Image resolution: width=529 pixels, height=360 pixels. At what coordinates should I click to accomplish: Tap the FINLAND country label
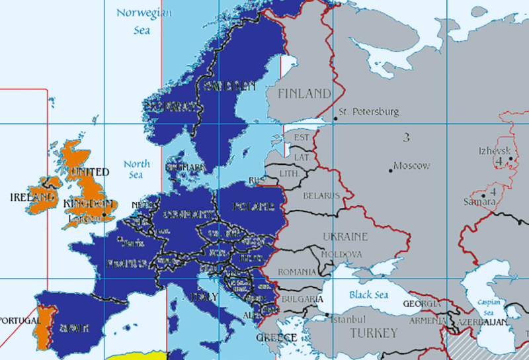[x=304, y=93]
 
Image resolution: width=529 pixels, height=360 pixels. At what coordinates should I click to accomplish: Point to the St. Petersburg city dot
[x=336, y=118]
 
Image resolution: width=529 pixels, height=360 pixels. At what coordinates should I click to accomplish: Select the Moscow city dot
[x=391, y=171]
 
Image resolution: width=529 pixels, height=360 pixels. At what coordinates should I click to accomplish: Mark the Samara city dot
[x=484, y=195]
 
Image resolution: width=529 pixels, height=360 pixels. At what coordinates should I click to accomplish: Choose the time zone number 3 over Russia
[x=406, y=138]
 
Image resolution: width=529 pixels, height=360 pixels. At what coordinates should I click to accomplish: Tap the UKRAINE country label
[x=345, y=236]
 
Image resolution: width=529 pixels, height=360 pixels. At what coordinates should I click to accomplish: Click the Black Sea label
[x=369, y=294]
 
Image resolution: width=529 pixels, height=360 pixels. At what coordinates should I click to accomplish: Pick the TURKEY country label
[x=374, y=332]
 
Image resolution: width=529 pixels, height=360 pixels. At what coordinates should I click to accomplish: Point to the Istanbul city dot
[x=327, y=315]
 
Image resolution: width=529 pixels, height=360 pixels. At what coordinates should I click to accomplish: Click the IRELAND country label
[x=32, y=197]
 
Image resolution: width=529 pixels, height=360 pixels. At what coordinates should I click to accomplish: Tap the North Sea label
[x=137, y=169]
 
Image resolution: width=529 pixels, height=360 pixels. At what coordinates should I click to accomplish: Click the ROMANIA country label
[x=298, y=272]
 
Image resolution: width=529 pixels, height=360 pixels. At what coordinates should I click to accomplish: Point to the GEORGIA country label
[x=421, y=304]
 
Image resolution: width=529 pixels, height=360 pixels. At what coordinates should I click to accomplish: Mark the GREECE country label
[x=276, y=338]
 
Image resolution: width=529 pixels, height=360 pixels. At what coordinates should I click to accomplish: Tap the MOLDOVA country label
[x=341, y=254]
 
